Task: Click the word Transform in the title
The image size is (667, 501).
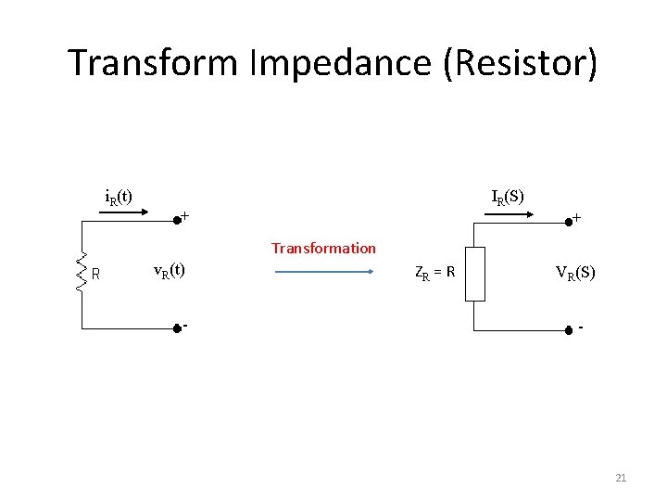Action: pyautogui.click(x=152, y=63)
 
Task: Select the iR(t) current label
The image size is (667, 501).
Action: pyautogui.click(x=119, y=197)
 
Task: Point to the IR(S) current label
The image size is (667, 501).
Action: pyautogui.click(x=508, y=197)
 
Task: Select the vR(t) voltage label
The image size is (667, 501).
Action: pyautogui.click(x=169, y=271)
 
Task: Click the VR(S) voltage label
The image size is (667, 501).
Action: pyautogui.click(x=575, y=273)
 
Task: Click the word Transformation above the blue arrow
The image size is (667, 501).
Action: pyautogui.click(x=323, y=249)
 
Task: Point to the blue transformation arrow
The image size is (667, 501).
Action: pyautogui.click(x=323, y=272)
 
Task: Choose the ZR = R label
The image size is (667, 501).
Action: pyautogui.click(x=434, y=273)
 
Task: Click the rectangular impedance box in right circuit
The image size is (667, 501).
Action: pyautogui.click(x=474, y=274)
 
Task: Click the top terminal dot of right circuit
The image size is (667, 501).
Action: pyautogui.click(x=568, y=222)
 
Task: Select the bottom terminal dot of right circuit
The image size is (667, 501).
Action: pyautogui.click(x=568, y=329)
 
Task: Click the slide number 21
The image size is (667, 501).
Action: pyautogui.click(x=621, y=478)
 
